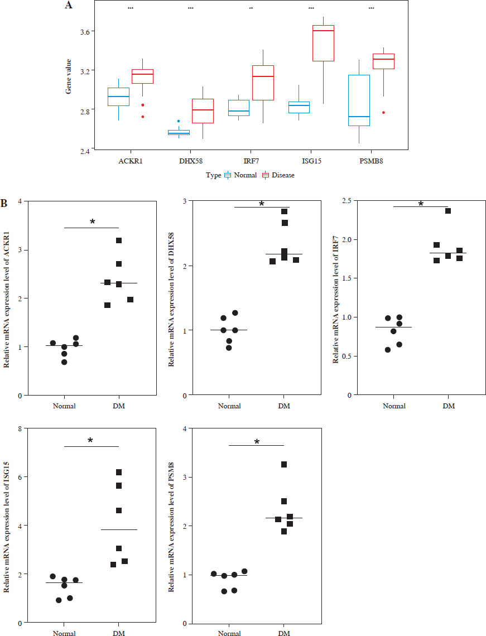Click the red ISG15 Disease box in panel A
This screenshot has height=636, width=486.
coord(324,43)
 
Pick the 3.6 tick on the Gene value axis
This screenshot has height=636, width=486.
coord(88,32)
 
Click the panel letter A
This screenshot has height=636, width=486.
coord(69,5)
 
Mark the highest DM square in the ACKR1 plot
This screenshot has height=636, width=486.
coord(119,240)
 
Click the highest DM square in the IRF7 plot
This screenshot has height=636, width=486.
coord(448,211)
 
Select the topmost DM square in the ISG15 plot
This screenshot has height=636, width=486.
coord(119,473)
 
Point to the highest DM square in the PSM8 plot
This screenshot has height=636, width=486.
coord(284,465)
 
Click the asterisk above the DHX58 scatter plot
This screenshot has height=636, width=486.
coord(262,204)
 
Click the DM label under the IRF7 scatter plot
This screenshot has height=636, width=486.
coord(449,406)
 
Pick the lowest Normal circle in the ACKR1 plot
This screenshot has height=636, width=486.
coord(64,362)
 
